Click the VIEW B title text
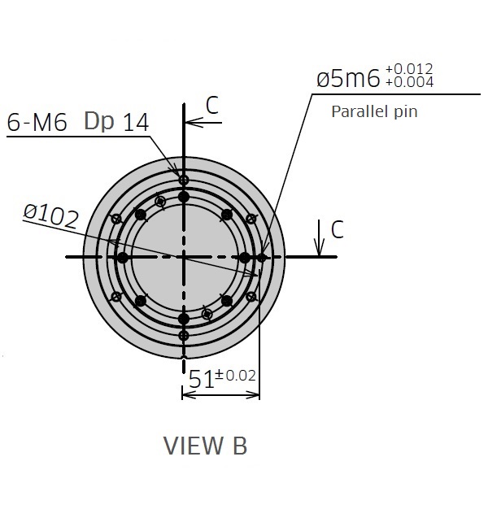205,446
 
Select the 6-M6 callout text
37,123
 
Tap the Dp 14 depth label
116,122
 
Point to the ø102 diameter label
51,216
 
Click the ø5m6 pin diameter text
348,79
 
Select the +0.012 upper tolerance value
409,69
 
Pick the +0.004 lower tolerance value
409,82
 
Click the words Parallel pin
374,111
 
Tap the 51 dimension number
202,379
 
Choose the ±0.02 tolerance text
236,376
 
